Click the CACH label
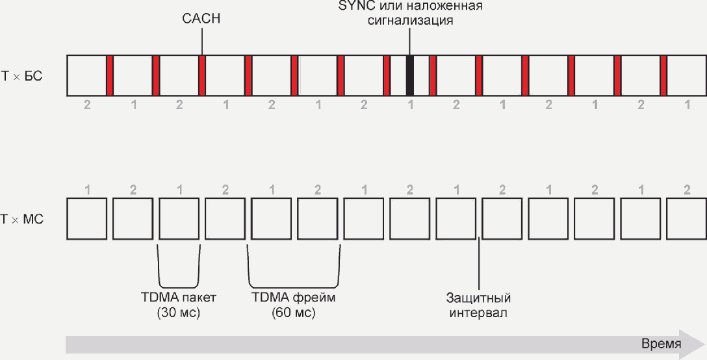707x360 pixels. (201, 19)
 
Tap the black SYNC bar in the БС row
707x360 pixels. (410, 75)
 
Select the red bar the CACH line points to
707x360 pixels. (202, 75)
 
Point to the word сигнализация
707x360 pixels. (409, 20)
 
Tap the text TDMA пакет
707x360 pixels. (178, 298)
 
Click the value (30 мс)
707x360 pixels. (178, 313)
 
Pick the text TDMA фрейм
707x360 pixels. (293, 298)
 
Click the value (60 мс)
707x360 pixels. (293, 313)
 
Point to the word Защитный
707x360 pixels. (478, 298)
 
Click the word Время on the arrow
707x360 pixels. (661, 344)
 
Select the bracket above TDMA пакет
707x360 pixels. (179, 273)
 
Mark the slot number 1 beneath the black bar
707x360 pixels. (410, 105)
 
